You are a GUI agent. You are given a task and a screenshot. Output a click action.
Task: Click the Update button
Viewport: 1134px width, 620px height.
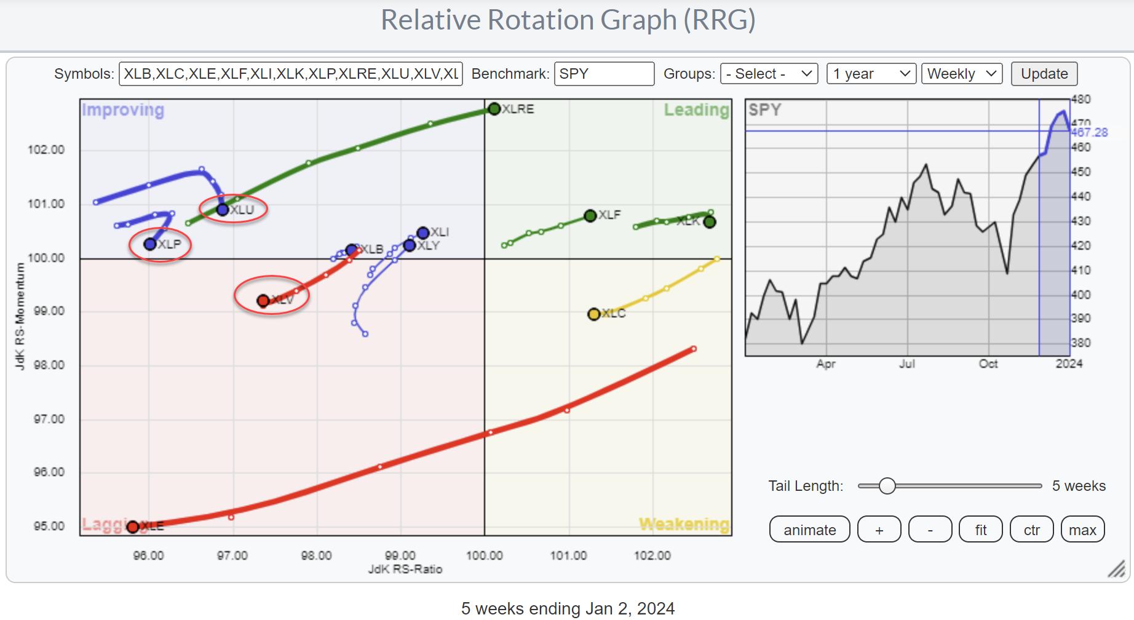point(1044,74)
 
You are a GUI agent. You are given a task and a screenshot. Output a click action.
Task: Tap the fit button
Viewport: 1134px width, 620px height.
point(980,530)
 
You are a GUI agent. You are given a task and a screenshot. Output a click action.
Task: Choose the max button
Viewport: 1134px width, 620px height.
point(1082,530)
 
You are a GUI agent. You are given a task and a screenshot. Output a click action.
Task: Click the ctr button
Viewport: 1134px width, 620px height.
point(1031,530)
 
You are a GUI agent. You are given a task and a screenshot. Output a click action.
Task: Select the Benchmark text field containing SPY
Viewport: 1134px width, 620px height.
point(603,74)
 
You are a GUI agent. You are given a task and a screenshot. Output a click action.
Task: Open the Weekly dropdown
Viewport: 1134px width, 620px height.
point(961,74)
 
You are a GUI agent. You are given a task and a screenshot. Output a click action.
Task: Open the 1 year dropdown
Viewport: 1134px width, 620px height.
point(871,74)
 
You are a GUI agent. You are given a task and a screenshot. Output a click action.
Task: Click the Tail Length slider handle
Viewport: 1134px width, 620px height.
point(887,486)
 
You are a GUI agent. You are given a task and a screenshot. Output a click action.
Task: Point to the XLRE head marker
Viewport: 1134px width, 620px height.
point(494,109)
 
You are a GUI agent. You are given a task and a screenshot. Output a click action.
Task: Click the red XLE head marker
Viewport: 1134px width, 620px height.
point(133,527)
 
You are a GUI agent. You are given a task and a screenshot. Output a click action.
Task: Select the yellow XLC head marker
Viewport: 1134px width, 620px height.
point(593,314)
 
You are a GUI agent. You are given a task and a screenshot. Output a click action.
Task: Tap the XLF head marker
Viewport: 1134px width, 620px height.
point(590,215)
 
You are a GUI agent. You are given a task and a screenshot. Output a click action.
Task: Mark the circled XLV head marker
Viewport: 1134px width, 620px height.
point(263,301)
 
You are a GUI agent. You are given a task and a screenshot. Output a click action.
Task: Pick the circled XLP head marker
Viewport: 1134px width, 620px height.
point(150,244)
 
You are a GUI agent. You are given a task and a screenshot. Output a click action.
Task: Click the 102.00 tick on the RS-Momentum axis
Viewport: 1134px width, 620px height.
point(46,150)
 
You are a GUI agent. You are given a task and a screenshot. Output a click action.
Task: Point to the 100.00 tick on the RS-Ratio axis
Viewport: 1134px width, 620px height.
point(485,556)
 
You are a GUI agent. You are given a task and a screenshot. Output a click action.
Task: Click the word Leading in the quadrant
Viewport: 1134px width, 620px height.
point(696,110)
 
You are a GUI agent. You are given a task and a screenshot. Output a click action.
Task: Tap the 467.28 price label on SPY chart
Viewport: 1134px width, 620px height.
point(1090,132)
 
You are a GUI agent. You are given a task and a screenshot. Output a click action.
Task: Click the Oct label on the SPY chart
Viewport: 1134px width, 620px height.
point(988,364)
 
